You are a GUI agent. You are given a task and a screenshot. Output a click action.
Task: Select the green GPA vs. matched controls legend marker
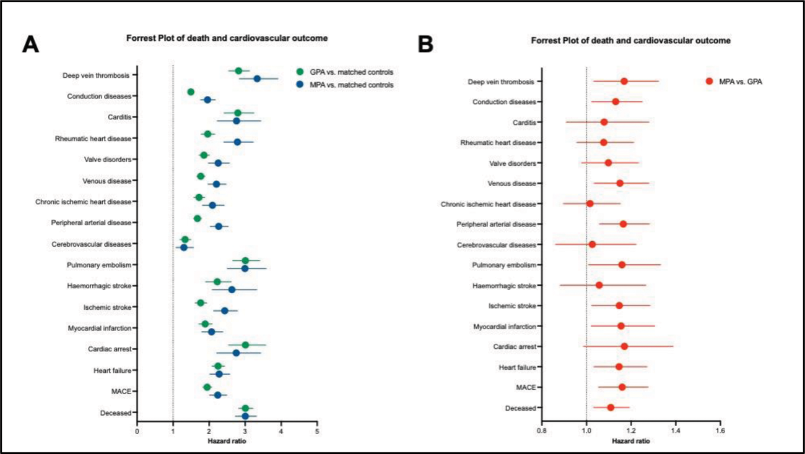(301, 72)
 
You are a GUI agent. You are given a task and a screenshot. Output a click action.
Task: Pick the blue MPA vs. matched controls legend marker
(301, 85)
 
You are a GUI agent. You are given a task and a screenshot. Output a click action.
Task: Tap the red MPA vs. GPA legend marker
(710, 81)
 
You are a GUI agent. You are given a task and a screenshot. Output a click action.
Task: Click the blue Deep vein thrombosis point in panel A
(257, 79)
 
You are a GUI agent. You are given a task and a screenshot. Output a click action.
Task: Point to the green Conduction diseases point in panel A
(191, 92)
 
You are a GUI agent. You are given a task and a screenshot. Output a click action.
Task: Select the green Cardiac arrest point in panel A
(245, 345)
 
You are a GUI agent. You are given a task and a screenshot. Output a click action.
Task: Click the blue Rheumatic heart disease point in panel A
(237, 142)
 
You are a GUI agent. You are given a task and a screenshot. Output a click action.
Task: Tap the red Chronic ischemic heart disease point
(590, 203)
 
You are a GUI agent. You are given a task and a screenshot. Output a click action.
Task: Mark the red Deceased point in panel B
(611, 407)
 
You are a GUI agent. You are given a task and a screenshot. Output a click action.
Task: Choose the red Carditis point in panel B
(604, 122)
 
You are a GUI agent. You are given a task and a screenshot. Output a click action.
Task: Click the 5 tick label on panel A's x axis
(317, 431)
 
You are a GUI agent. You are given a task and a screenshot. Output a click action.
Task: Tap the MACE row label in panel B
(525, 387)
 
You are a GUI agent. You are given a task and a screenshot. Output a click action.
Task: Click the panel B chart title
(630, 41)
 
